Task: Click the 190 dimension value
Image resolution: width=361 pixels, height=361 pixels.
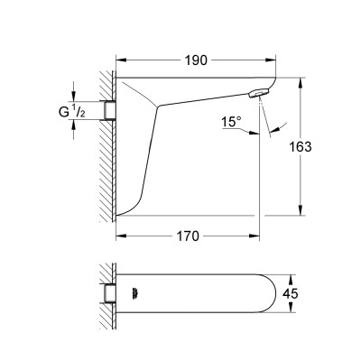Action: pos(196,60)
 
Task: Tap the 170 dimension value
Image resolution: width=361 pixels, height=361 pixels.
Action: pos(188,236)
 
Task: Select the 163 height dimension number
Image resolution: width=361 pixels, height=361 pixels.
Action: pos(300,147)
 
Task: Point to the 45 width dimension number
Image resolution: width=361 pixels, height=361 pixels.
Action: pos(291,293)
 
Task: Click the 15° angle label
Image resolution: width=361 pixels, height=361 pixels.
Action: pos(231,122)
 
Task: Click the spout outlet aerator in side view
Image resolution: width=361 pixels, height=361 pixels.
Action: pos(258,93)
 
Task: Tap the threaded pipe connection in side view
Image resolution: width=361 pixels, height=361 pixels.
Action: pos(110,110)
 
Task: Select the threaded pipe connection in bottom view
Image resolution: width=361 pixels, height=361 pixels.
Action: pos(110,293)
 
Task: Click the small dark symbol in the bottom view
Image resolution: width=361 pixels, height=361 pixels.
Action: pos(134,293)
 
